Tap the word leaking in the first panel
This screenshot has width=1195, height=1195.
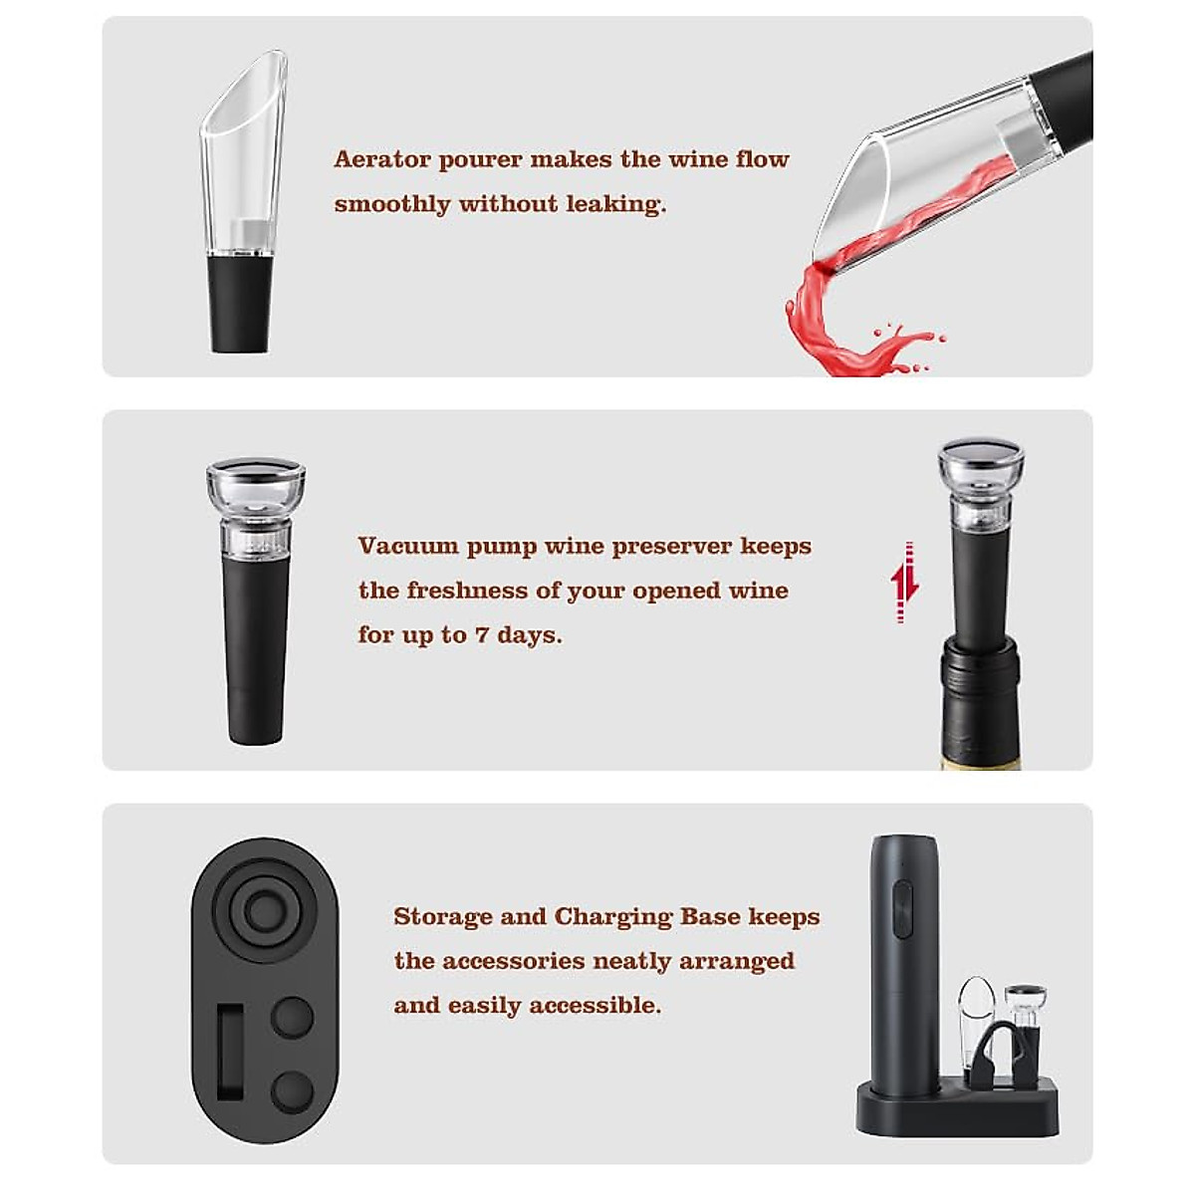614,204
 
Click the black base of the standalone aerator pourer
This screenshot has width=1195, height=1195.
239,304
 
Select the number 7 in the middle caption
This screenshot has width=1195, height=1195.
481,635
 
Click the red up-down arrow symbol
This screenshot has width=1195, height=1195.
904,583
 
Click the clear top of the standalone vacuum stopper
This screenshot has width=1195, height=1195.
256,483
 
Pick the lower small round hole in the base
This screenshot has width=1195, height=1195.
292,1090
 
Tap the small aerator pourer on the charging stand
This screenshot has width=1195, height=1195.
976,1006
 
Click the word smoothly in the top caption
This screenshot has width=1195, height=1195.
391,204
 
